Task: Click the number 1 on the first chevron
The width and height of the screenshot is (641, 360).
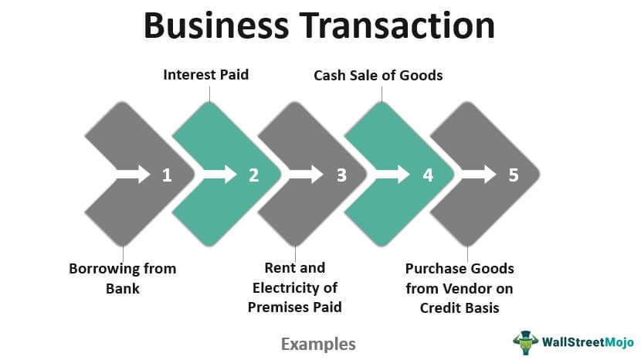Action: tap(167, 175)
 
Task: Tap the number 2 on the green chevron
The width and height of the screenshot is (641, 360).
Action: tap(254, 175)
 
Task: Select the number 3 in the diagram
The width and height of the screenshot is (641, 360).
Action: tap(341, 175)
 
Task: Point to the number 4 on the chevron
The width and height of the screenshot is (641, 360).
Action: tap(428, 175)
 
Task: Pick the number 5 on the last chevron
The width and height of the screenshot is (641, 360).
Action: tap(514, 175)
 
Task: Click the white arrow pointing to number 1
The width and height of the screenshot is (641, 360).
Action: tap(134, 175)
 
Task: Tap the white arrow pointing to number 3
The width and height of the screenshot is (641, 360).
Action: tap(306, 175)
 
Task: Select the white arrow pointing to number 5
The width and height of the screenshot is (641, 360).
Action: tap(478, 175)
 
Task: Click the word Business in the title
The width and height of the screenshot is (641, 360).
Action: tap(216, 25)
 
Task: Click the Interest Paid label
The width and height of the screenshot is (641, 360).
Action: tap(206, 75)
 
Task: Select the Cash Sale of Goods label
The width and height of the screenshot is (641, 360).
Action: tap(378, 75)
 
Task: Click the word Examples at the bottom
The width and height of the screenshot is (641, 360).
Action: tap(318, 344)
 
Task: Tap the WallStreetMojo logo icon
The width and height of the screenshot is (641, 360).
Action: tap(526, 342)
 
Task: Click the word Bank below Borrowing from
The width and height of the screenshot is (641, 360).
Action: tap(123, 289)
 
